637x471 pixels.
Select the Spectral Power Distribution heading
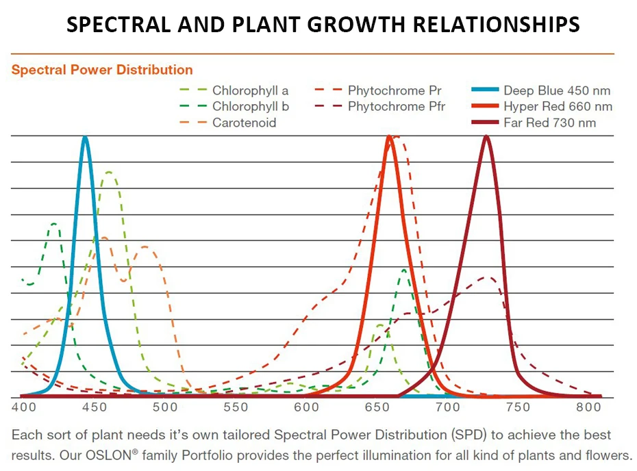point(102,70)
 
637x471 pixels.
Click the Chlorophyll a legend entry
point(250,90)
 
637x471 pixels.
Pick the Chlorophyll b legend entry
point(250,106)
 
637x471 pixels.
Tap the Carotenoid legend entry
point(245,123)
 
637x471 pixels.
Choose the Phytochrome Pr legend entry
point(394,90)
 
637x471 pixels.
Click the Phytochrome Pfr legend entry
point(396,106)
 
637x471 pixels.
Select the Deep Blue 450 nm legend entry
point(556,90)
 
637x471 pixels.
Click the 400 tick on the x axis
point(23,407)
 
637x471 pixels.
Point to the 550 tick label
point(236,407)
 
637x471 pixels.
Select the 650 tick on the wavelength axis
point(377,407)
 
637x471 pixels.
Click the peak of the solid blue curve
point(85,137)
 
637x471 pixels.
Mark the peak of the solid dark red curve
point(486,137)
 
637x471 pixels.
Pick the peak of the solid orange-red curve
point(389,137)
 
